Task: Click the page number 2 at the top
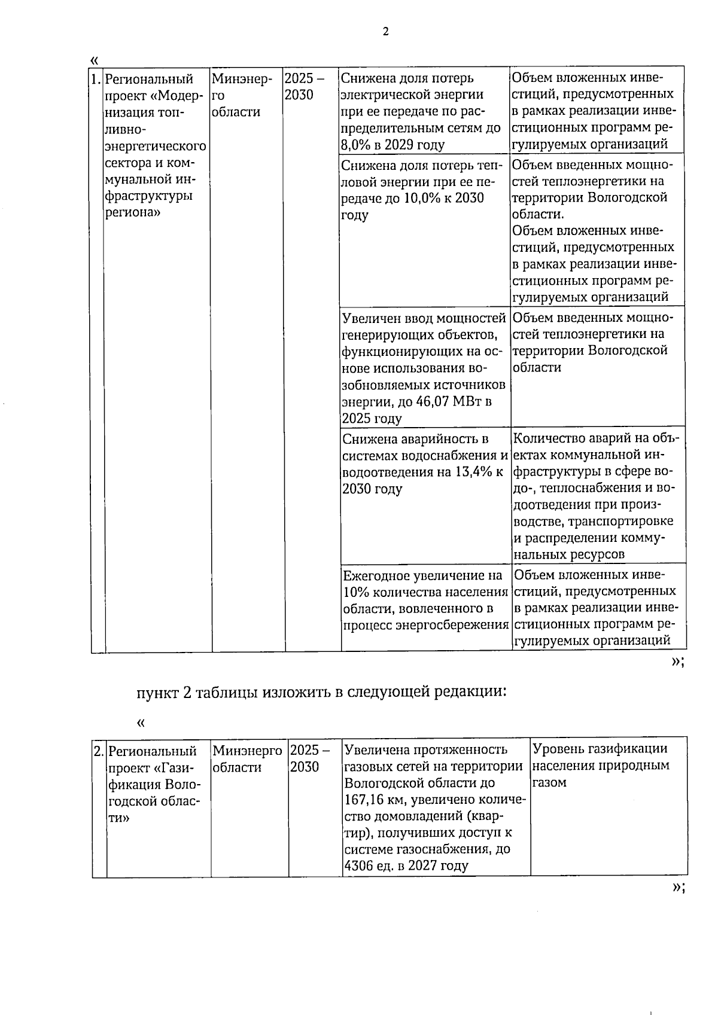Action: click(x=385, y=32)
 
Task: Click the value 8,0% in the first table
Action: click(x=356, y=145)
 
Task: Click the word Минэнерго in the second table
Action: click(x=247, y=750)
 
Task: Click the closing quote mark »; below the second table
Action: click(x=677, y=888)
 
